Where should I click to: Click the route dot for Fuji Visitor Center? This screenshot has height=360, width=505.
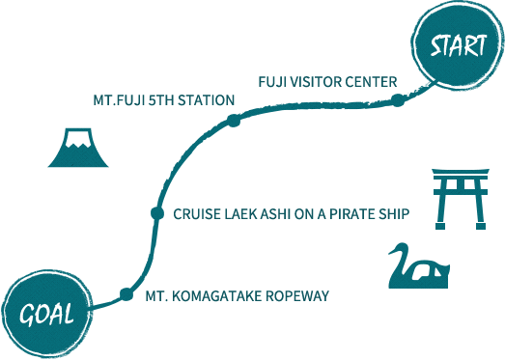point(397,99)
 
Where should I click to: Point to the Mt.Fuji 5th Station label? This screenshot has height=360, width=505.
point(164,99)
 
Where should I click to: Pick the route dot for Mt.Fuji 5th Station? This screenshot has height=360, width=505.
point(234,120)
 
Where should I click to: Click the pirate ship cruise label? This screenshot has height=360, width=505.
point(293,212)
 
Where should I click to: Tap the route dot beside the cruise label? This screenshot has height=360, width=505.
point(156,212)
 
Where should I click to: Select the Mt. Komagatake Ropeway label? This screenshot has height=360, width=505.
point(237,294)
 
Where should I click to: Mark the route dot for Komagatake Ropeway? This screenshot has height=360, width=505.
point(126,294)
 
